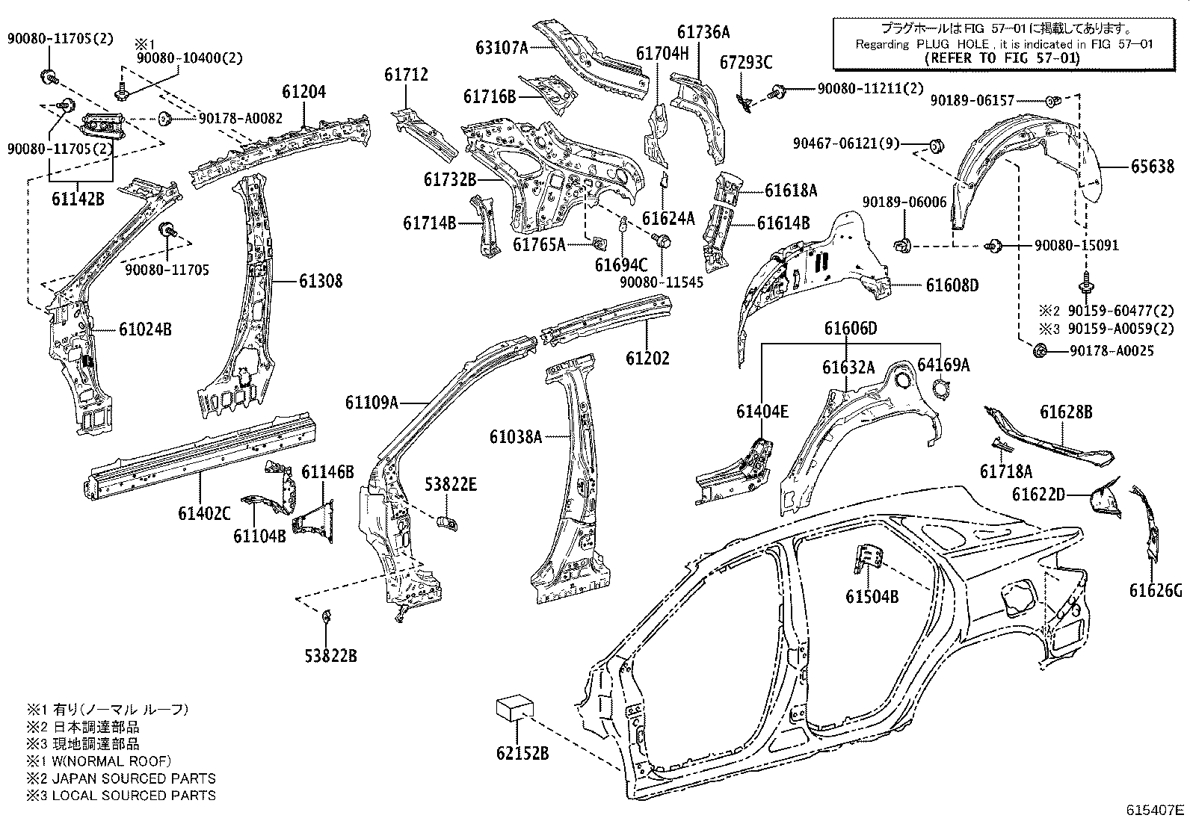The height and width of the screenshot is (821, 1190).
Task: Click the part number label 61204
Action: point(303,92)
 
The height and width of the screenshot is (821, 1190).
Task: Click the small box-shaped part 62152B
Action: point(515,707)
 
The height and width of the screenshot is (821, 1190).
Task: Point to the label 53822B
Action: point(330,656)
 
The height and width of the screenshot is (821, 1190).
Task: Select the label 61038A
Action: point(515,437)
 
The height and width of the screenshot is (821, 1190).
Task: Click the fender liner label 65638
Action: point(1151,167)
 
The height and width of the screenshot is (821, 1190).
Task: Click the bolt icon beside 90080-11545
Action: point(662,241)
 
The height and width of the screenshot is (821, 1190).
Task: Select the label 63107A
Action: point(502,48)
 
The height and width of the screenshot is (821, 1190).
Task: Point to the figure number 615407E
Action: point(1156,810)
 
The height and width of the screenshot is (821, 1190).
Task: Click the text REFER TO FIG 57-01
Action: point(1002,58)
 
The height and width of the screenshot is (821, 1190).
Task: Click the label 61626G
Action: point(1156,591)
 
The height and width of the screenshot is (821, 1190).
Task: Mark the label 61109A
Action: point(371,403)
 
